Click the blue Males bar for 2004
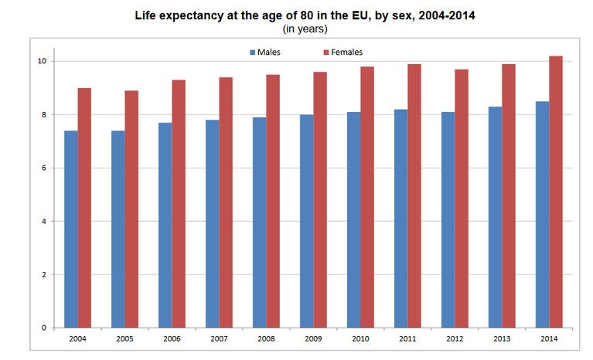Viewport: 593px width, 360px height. point(70,229)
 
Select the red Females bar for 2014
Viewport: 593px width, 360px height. point(556,192)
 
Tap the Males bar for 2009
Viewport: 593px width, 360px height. point(307,222)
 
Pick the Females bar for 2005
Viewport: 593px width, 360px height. point(131,209)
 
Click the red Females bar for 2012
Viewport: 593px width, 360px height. point(462,199)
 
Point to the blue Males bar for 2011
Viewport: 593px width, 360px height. point(401,219)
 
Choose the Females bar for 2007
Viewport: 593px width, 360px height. point(226,202)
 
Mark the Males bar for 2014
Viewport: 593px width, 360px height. point(542,215)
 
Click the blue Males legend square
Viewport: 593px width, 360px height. point(253,53)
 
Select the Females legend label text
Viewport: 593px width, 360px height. point(346,52)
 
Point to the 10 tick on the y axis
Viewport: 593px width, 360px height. point(42,61)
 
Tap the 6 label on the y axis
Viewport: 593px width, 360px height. point(44,168)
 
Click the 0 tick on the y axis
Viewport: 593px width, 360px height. point(44,328)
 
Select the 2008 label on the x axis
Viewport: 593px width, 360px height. point(266,339)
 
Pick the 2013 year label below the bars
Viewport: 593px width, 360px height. point(502,339)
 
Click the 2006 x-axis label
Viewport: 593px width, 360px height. point(172,339)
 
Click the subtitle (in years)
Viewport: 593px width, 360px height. point(305,29)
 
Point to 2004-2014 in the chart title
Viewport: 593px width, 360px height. point(447,15)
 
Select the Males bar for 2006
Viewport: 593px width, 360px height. point(165,225)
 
